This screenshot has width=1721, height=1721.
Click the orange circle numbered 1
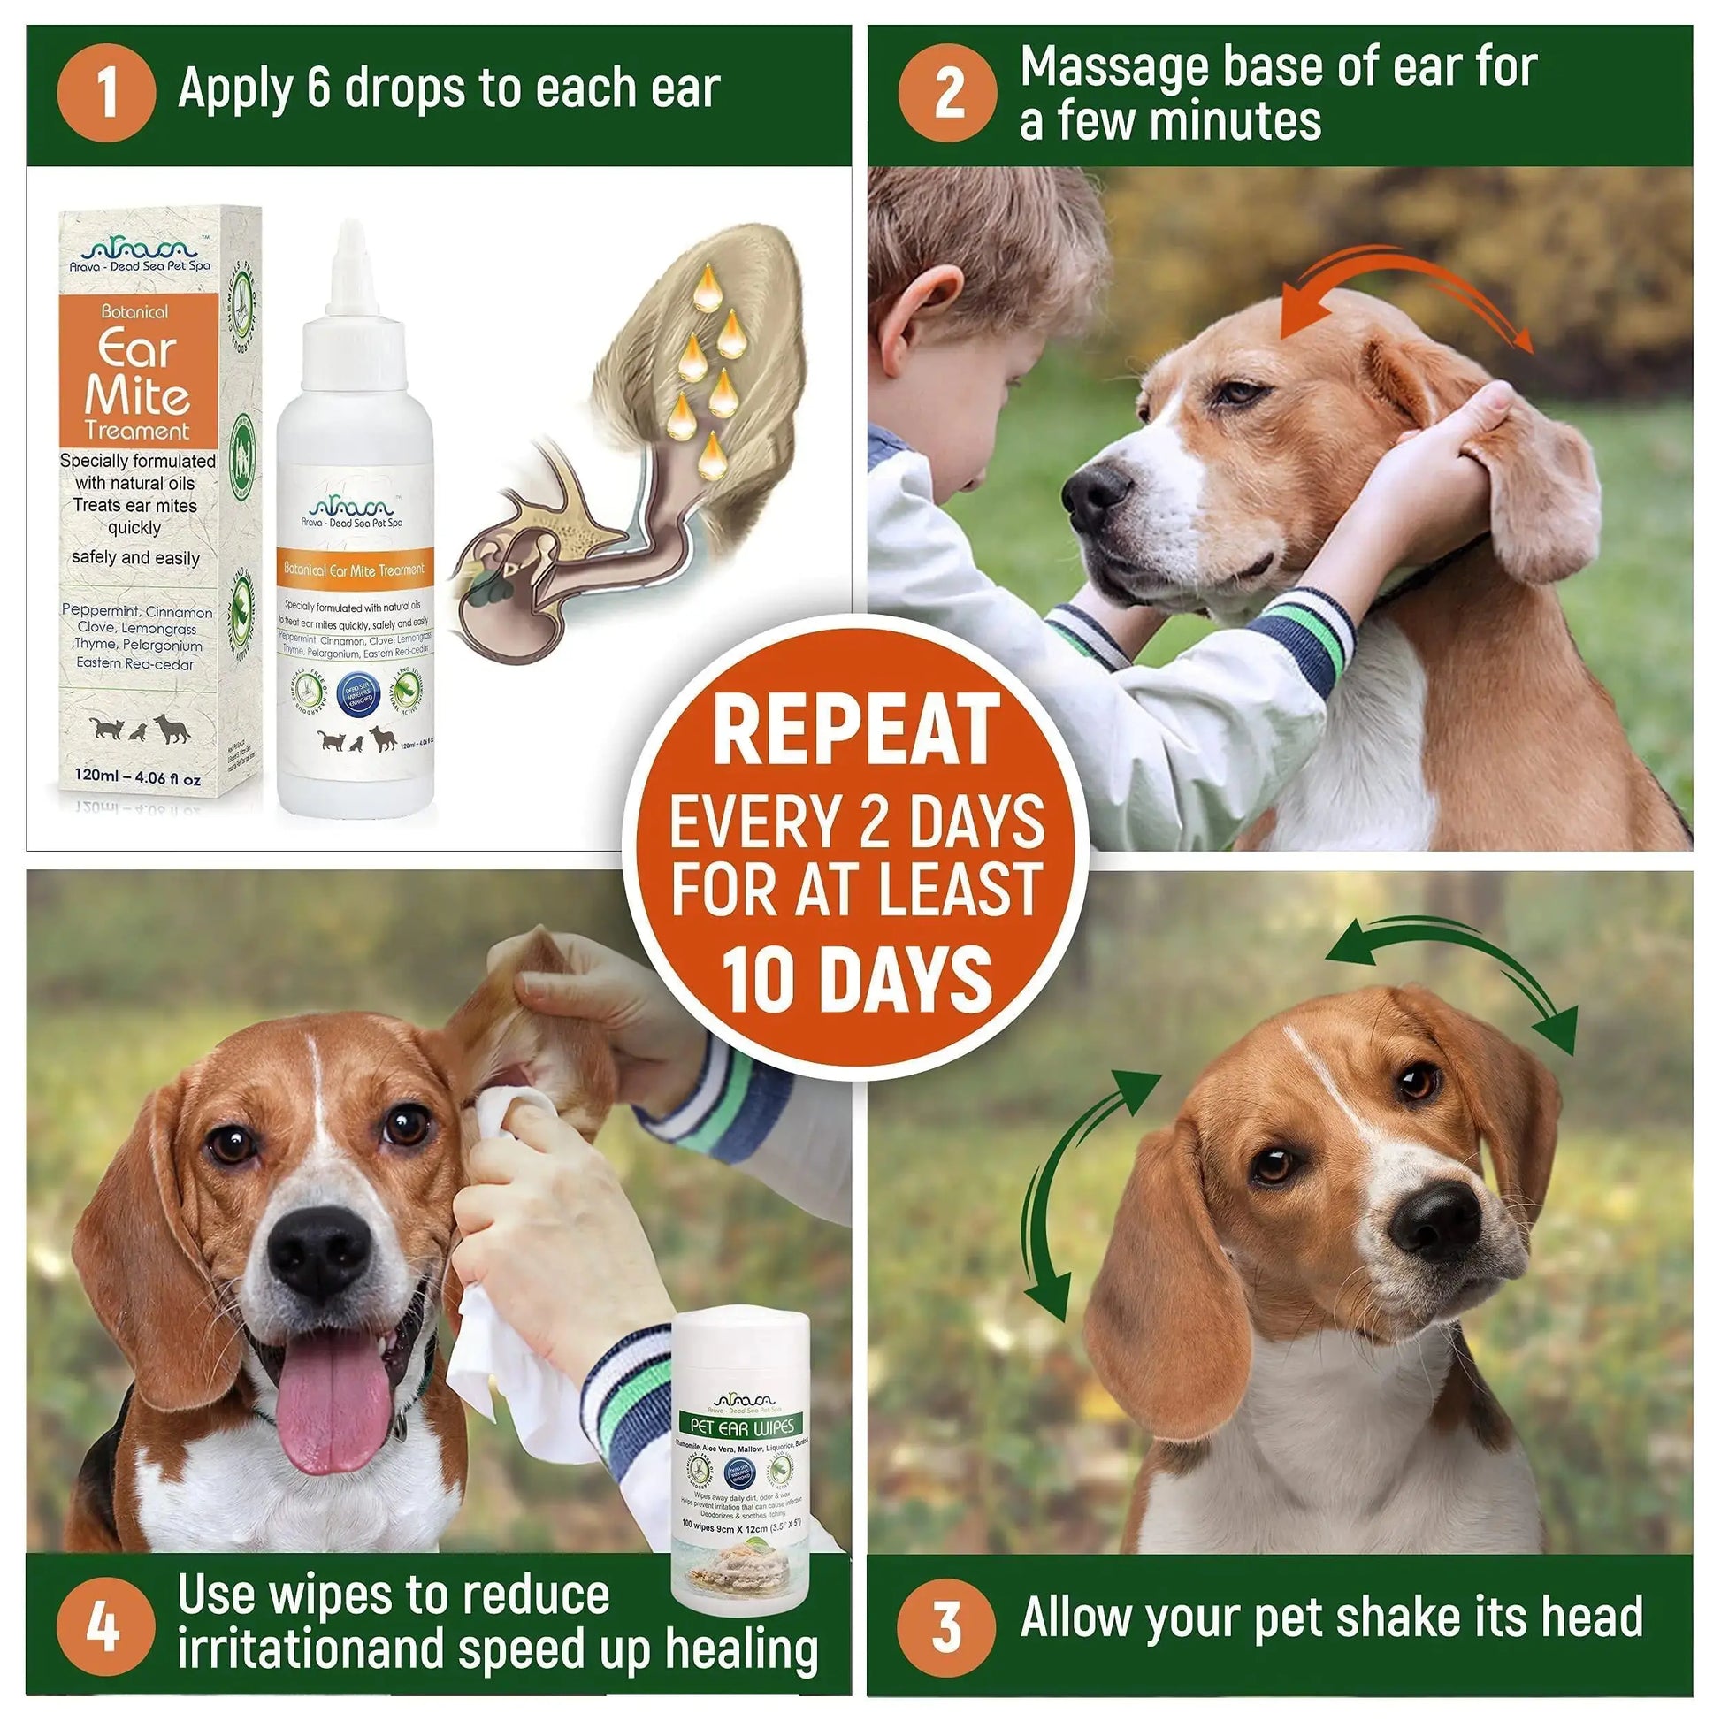click(106, 93)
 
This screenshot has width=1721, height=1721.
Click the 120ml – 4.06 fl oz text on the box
click(138, 777)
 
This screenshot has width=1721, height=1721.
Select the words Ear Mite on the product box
click(138, 372)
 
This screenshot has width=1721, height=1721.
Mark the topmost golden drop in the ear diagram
click(708, 287)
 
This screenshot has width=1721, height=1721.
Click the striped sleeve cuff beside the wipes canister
click(623, 1389)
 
